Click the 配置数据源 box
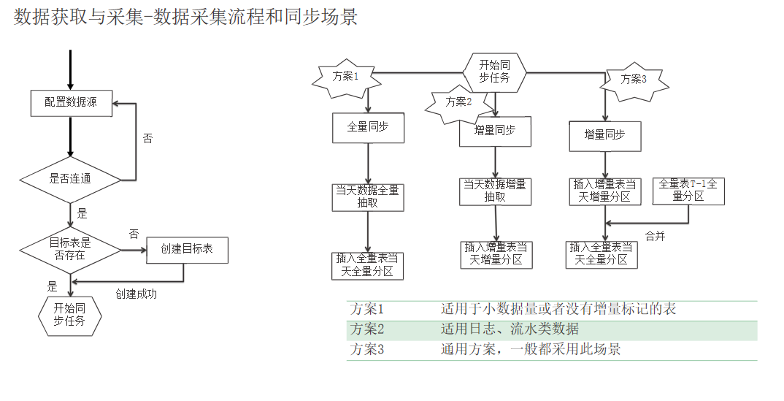point(71,103)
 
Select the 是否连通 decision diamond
point(70,178)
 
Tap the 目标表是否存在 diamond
point(70,250)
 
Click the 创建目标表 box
point(187,250)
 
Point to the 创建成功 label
point(136,294)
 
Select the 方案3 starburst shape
point(634,80)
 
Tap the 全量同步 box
point(367,127)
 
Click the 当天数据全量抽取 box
point(367,197)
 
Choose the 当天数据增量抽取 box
point(495,191)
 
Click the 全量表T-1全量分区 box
point(688,190)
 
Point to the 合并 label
point(655,236)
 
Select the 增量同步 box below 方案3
point(605,136)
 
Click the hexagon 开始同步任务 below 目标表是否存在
point(69,315)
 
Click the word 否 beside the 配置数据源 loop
point(147,138)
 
